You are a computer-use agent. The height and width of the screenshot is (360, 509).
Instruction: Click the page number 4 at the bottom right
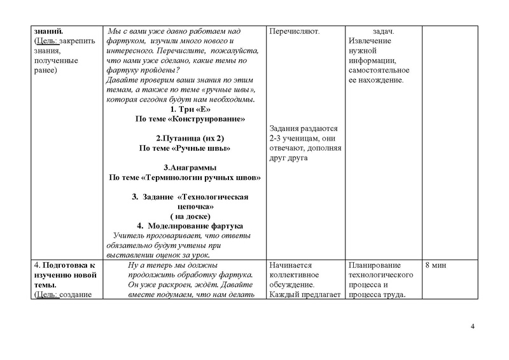pyautogui.click(x=473, y=327)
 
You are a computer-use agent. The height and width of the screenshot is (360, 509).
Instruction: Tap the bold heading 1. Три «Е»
pyautogui.click(x=190, y=109)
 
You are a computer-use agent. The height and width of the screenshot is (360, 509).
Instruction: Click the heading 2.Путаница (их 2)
pyautogui.click(x=190, y=138)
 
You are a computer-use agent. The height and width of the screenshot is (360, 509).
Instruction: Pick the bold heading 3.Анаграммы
pyautogui.click(x=190, y=167)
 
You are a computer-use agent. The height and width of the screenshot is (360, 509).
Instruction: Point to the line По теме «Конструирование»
pyautogui.click(x=190, y=119)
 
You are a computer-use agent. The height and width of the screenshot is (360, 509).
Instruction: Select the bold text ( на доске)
pyautogui.click(x=190, y=216)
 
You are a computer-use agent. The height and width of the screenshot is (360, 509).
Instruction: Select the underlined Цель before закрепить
pyautogui.click(x=44, y=41)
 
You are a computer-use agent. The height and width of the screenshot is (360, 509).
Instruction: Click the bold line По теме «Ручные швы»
pyautogui.click(x=185, y=148)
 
